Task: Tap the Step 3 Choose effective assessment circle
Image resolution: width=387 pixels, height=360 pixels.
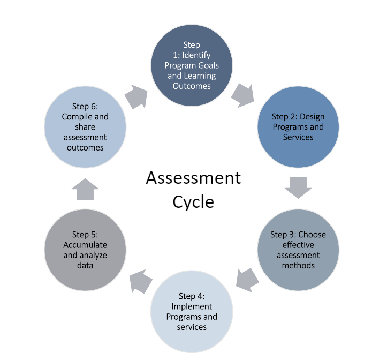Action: (x=298, y=250)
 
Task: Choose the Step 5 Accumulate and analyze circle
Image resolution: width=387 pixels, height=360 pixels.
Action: (x=85, y=250)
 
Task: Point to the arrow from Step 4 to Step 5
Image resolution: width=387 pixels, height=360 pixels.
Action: (x=140, y=281)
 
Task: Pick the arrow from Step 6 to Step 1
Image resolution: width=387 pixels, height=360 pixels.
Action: (x=136, y=96)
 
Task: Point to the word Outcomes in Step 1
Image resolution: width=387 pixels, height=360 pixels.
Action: (x=193, y=86)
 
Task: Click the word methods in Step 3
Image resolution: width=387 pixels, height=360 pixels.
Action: (x=298, y=265)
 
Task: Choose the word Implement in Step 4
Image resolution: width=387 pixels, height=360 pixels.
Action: (x=192, y=306)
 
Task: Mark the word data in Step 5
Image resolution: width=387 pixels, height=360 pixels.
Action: (x=85, y=265)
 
